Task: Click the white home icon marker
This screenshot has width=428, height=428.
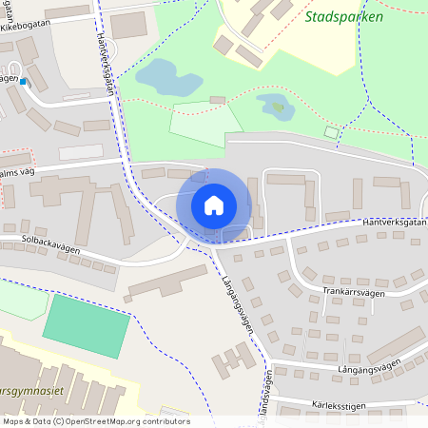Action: tap(214, 204)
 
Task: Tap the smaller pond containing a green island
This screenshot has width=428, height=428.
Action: tap(274, 108)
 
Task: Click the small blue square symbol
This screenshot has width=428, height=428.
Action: tap(24, 82)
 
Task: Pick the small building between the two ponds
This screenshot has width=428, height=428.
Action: tap(217, 99)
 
